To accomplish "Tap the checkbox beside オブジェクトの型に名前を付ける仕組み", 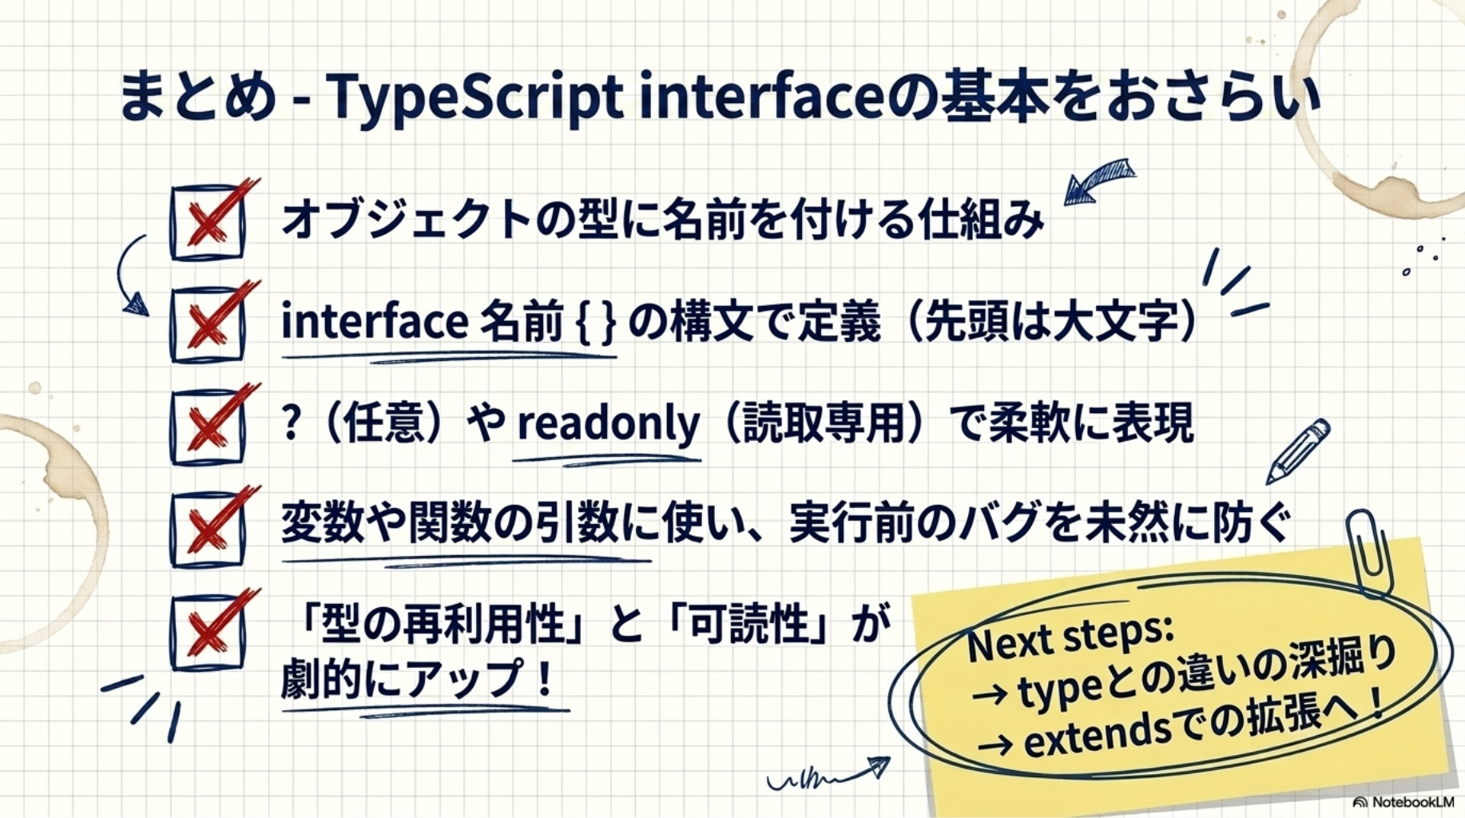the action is (208, 223).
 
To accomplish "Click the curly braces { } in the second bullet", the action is (596, 323).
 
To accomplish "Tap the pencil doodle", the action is (1299, 451).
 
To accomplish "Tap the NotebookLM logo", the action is (1403, 801).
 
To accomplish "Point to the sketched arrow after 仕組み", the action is (1098, 182).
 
